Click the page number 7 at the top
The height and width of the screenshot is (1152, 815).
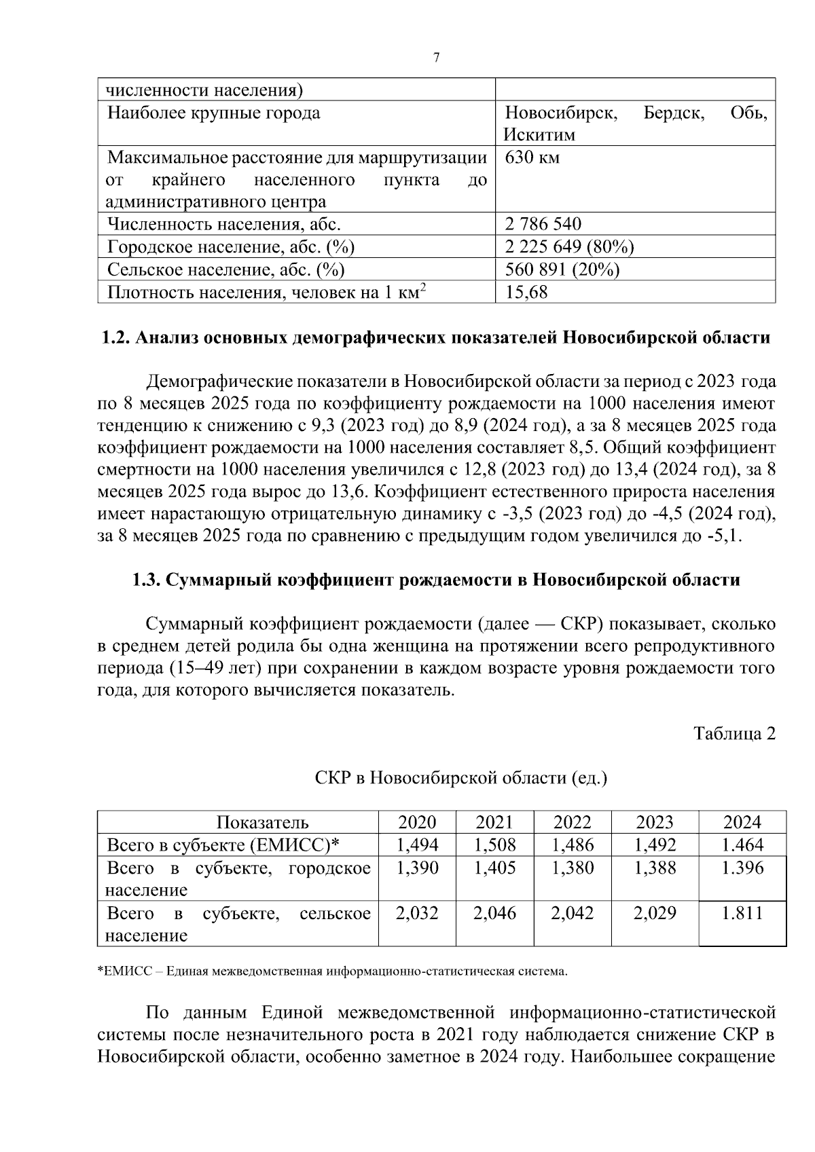pos(436,58)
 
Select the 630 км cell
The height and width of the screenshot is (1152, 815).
pos(533,158)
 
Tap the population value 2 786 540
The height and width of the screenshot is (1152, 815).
pos(543,224)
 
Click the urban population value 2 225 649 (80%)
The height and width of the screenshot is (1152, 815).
pos(569,247)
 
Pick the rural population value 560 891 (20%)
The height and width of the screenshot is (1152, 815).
pos(562,270)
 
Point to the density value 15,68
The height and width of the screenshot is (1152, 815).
pos(526,293)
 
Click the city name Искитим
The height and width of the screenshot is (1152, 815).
pos(539,135)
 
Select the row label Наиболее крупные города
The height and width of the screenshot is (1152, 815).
pos(214,113)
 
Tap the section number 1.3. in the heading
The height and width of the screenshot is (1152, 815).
pos(146,580)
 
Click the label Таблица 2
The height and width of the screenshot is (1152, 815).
pos(734,734)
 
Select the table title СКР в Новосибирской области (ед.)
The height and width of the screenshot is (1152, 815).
pos(461,778)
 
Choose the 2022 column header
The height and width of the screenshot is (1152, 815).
pos(572,823)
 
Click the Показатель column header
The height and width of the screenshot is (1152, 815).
pos(262,823)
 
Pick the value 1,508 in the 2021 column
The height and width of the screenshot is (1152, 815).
pos(494,845)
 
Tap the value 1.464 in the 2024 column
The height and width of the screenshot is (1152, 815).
pos(742,845)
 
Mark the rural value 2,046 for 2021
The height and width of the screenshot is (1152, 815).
pos(494,914)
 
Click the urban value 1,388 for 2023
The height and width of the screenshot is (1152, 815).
pos(655,868)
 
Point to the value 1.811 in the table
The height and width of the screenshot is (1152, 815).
pos(742,914)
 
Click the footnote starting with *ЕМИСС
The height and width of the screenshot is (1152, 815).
pos(333,972)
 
